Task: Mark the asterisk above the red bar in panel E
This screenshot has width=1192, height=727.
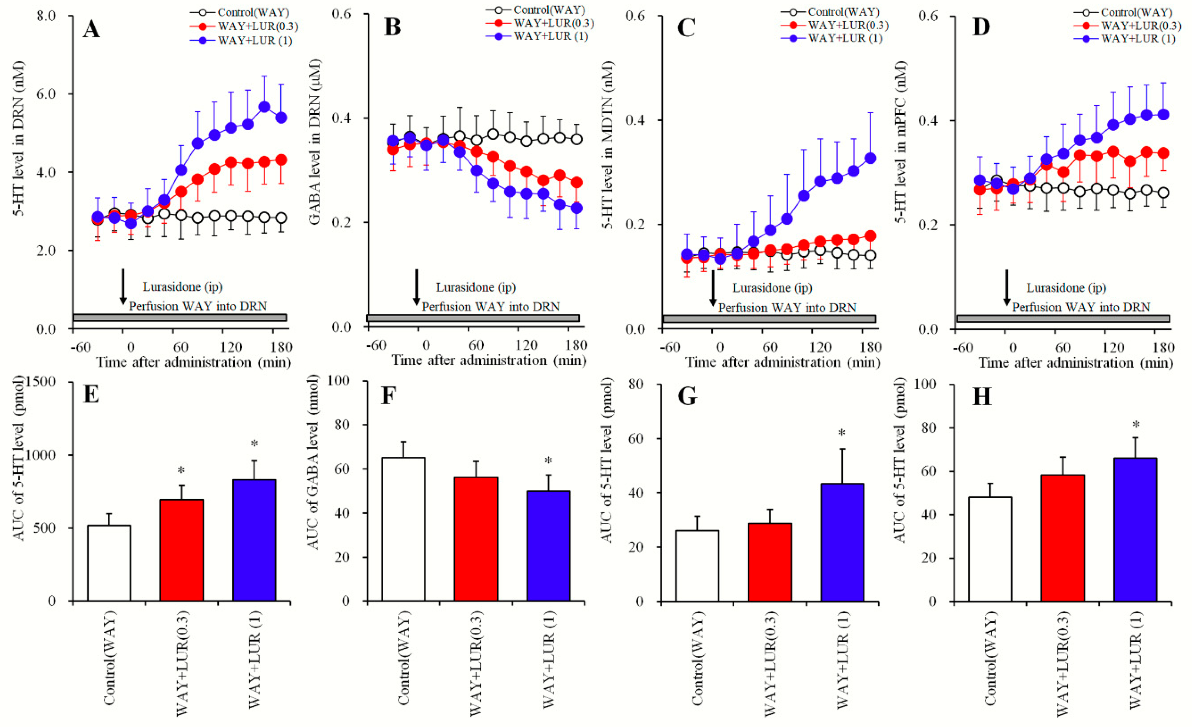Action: [x=181, y=470]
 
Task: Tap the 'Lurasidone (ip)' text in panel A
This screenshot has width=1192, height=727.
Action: [x=182, y=287]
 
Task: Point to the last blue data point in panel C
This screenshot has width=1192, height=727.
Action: [x=870, y=158]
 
